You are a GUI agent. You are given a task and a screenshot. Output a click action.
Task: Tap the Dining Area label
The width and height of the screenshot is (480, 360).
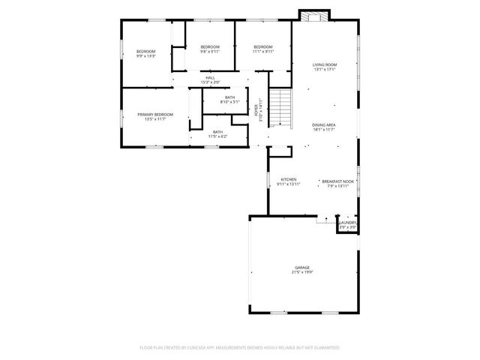point(323,124)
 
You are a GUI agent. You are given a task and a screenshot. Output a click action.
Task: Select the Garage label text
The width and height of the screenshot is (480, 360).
point(302,267)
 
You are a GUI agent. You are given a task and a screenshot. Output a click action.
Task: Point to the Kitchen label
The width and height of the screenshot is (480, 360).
point(289,179)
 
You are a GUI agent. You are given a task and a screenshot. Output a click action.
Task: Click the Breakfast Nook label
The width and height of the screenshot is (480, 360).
point(337,181)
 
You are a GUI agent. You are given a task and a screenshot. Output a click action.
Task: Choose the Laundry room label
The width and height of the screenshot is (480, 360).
point(347,222)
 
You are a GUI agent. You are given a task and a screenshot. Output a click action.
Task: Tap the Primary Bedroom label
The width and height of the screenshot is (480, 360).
point(155,114)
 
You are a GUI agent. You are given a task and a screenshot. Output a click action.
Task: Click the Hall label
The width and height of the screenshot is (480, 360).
point(211,76)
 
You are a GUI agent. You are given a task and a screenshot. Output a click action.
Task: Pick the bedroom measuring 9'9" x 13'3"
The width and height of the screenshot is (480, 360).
point(145,55)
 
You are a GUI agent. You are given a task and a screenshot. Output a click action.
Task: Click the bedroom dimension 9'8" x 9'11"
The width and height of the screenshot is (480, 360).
point(210,52)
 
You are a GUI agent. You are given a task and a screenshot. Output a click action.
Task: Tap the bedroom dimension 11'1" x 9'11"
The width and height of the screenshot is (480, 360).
point(263,52)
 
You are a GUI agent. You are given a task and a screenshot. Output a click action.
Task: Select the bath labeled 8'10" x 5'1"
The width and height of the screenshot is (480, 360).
point(229,101)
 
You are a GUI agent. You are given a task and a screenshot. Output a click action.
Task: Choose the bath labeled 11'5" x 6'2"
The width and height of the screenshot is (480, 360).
point(217,136)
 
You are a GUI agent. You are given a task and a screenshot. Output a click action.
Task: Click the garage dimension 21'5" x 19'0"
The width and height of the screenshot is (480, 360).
point(302,271)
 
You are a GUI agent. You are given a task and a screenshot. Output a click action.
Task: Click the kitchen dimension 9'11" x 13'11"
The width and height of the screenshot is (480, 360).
point(289,184)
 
